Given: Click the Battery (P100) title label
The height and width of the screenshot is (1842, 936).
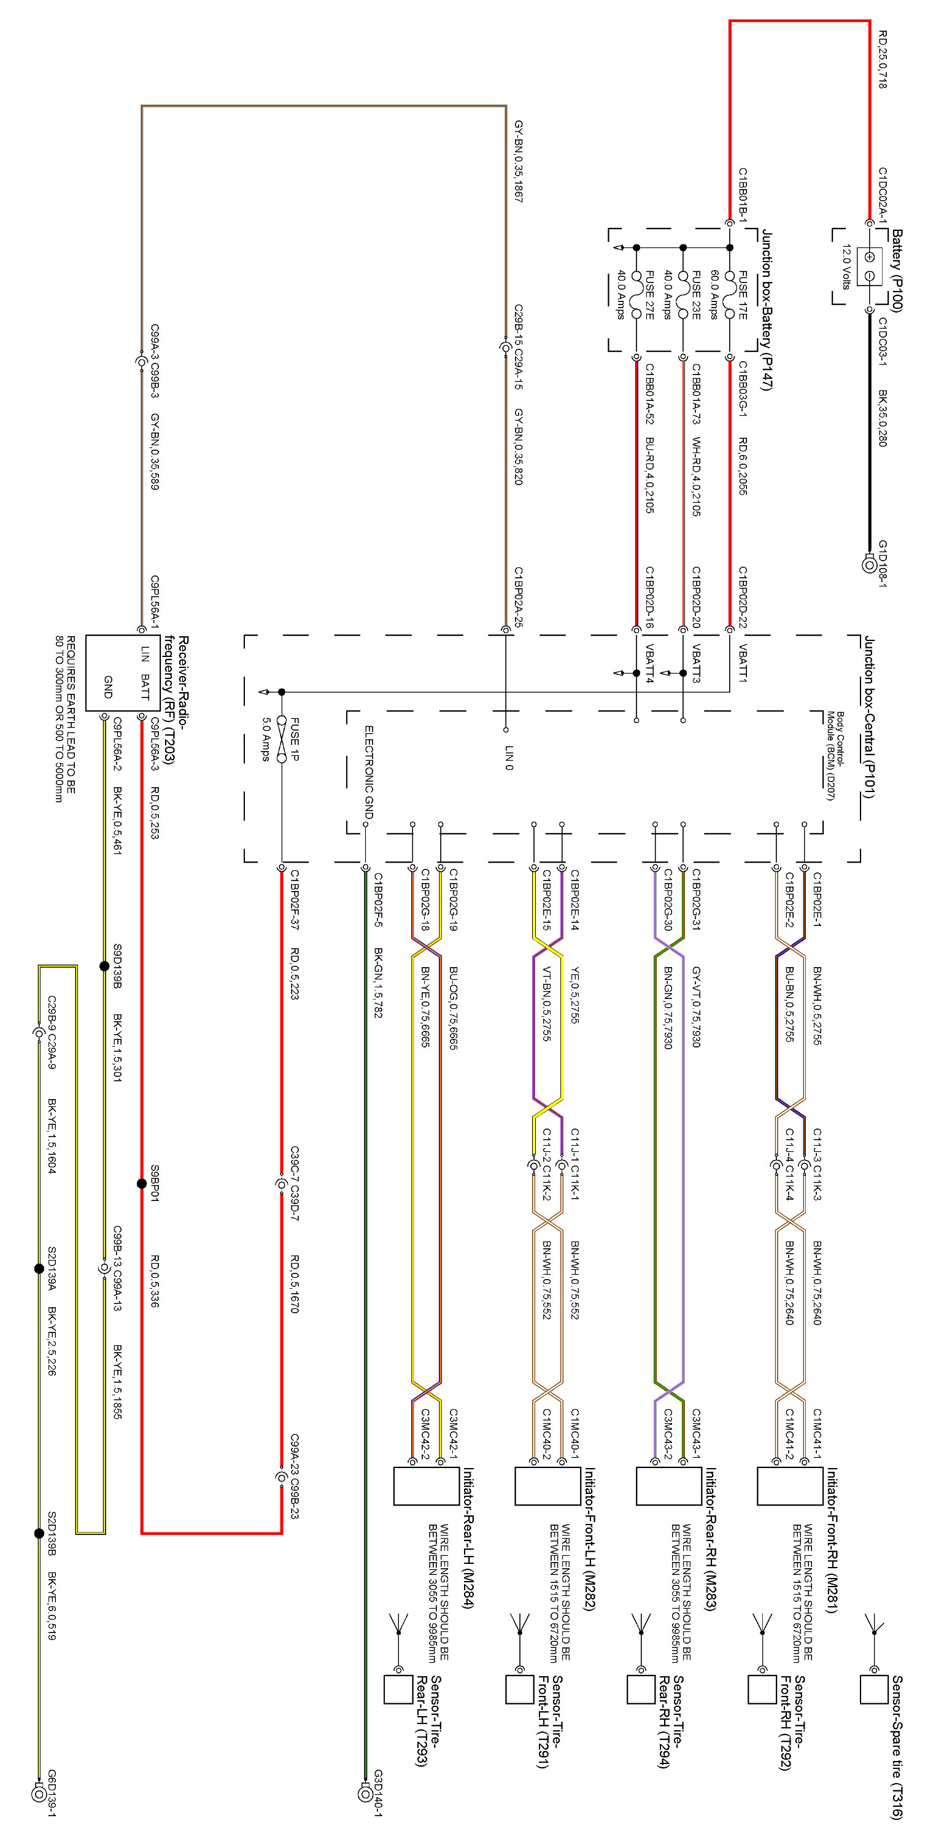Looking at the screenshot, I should point(897,270).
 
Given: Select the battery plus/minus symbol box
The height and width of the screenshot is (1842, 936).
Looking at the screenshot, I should point(870,265).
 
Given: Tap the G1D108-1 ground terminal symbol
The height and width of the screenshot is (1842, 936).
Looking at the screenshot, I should point(868,564).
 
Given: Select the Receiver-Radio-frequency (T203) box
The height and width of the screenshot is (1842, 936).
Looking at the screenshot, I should point(114,673).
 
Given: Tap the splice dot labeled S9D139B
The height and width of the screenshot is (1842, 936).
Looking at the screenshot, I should point(104,966).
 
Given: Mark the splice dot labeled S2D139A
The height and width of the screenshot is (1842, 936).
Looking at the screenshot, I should point(39,1269).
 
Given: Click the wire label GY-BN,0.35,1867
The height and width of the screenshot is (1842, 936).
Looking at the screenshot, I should point(519,161).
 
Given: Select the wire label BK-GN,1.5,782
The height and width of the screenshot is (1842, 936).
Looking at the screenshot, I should point(378,982).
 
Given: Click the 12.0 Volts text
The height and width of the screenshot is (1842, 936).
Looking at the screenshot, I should point(846,266).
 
